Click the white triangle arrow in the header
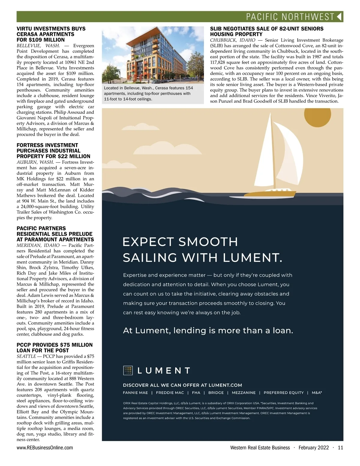point(339,16)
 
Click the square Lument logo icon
point(128,371)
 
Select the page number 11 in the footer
point(340,448)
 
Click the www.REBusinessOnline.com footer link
point(45,448)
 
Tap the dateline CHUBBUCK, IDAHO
point(232,40)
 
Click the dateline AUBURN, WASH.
point(35,162)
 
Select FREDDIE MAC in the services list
point(170,393)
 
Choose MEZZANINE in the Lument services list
point(244,393)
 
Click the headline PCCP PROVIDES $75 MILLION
point(55,345)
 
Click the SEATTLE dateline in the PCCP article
point(26,356)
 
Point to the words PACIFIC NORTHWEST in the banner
point(290,17)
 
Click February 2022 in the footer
point(314,448)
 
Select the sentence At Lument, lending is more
point(208,331)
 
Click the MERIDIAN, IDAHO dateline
point(38,245)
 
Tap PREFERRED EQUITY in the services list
point(283,393)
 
